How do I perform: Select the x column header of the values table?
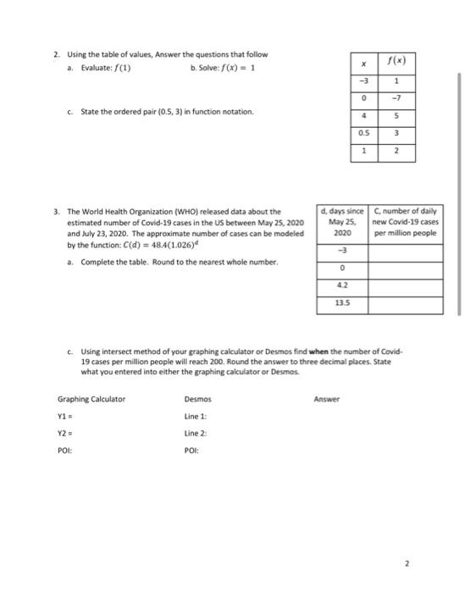[364, 64]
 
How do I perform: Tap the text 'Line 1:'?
[196, 416]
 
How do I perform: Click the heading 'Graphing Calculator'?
[91, 398]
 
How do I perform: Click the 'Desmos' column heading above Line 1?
[197, 398]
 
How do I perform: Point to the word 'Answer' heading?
[326, 398]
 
